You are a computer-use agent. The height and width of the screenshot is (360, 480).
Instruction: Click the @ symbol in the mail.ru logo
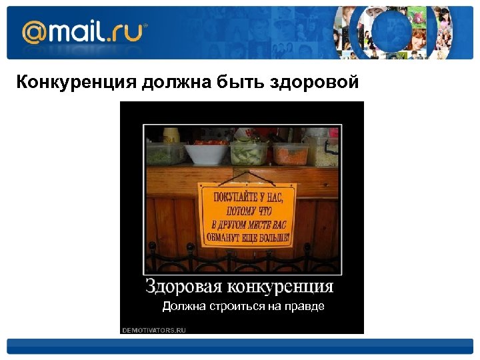click(x=33, y=31)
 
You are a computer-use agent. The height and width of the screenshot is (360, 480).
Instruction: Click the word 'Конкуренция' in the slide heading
click(x=75, y=83)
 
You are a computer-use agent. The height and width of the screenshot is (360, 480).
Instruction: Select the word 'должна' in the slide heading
click(x=175, y=83)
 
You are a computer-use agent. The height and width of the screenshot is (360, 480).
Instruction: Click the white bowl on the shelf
click(x=205, y=153)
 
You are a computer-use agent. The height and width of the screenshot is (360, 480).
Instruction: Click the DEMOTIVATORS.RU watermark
click(x=154, y=330)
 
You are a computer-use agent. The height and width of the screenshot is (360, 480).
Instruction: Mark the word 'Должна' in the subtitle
click(x=180, y=307)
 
